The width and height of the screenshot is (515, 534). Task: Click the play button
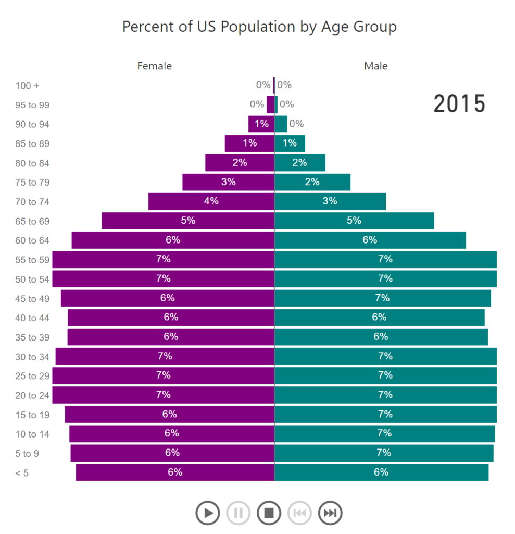tap(208, 513)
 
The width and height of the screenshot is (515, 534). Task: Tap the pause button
tap(238, 513)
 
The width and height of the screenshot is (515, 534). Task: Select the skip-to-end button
tap(330, 513)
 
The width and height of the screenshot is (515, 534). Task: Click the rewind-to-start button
tap(299, 513)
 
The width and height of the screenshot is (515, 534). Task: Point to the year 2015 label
tap(459, 104)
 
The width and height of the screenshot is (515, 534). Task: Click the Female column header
tap(154, 66)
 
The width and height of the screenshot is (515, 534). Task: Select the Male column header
tap(375, 66)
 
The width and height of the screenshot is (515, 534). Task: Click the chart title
tap(259, 27)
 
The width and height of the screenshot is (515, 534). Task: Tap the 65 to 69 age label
tap(32, 221)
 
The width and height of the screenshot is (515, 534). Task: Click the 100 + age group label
tap(27, 86)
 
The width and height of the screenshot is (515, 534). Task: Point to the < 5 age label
tap(22, 474)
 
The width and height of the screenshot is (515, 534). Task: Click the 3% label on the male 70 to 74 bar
tap(330, 201)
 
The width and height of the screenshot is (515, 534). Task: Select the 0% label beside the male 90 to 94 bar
tap(296, 124)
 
